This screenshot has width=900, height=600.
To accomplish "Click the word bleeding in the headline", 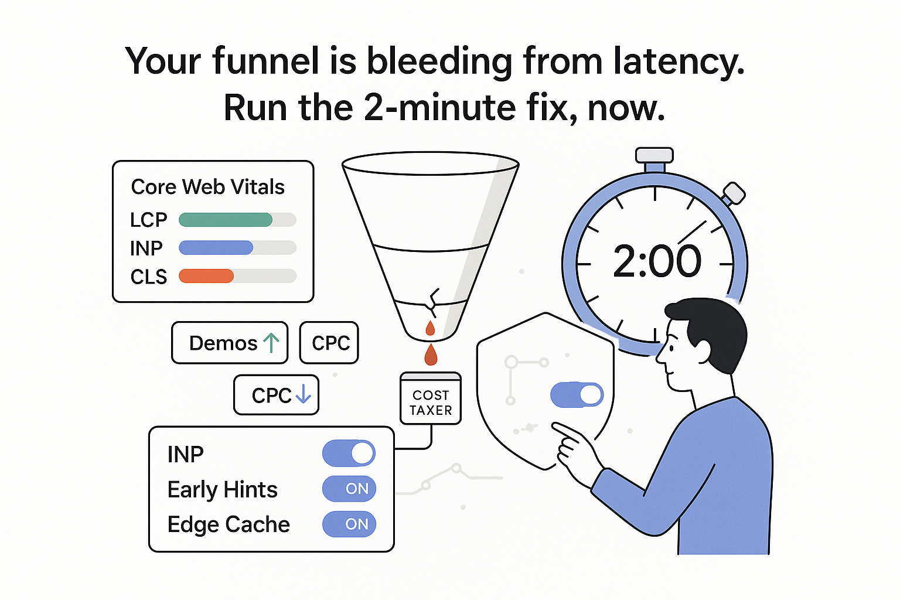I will click(439, 62).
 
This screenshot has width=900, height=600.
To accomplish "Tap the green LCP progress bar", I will click(226, 220).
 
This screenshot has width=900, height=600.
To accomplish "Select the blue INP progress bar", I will click(216, 248).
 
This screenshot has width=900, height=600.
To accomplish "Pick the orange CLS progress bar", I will click(206, 276).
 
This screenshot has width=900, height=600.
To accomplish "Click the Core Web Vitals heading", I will click(207, 187).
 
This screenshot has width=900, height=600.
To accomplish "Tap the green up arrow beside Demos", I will click(271, 343).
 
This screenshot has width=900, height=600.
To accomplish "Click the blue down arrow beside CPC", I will click(303, 394).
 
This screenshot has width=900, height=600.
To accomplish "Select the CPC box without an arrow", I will click(329, 343).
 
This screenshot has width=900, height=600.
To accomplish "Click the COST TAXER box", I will click(431, 399).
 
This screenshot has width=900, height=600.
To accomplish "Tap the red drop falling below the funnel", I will click(431, 354).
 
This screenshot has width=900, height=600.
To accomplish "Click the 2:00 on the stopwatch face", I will click(657, 261).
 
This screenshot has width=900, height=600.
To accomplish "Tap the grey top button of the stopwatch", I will click(654, 155).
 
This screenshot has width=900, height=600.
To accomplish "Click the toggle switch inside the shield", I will click(577, 395).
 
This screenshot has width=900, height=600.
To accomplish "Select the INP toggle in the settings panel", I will click(349, 453).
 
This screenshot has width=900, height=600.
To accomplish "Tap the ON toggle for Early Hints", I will click(349, 489).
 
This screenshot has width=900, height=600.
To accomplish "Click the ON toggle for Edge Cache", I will click(349, 524).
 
